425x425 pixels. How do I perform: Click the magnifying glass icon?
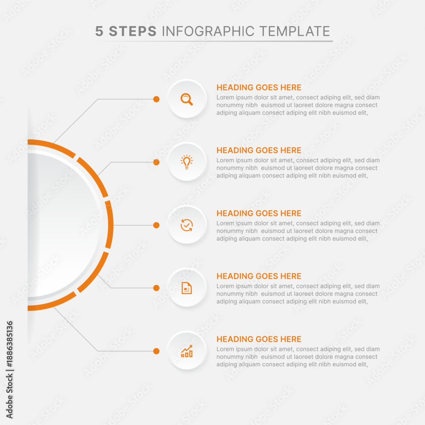187,99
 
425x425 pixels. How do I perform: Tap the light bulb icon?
187,162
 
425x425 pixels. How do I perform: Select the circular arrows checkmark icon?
187,225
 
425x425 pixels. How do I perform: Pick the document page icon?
187,288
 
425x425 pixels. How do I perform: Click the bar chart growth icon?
187,351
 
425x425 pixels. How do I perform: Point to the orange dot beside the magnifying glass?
156,99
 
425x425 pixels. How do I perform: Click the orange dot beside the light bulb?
156,162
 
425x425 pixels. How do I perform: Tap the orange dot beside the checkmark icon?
156,225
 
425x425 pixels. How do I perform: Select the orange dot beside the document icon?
156,288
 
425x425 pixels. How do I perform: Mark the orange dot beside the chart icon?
156,351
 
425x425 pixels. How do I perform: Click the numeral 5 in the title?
99,31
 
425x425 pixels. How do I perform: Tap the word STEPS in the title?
133,31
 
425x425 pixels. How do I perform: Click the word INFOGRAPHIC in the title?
208,31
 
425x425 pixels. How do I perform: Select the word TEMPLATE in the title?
295,31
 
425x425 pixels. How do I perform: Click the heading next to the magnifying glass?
259,87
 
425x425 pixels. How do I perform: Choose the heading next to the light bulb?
259,150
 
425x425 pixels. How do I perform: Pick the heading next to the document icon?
259,276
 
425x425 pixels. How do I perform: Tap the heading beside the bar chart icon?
259,339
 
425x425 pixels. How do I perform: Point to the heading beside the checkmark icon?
259,213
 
